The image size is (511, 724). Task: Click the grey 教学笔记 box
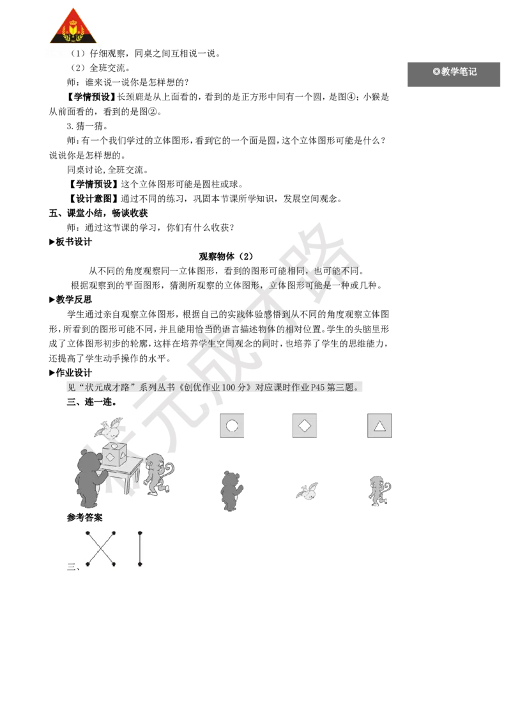[454, 74]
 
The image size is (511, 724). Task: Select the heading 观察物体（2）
[226, 256]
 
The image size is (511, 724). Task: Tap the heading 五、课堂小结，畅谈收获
[98, 213]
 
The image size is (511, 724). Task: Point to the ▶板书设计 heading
[70, 242]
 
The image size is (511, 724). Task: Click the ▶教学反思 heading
[70, 300]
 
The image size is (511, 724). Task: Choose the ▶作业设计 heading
[70, 373]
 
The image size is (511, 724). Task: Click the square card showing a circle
[232, 425]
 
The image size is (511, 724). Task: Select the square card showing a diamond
[305, 425]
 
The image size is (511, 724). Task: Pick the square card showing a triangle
[379, 425]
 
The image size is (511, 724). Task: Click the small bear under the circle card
[231, 491]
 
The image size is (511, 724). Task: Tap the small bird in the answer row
[307, 491]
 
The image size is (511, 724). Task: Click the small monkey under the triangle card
[379, 491]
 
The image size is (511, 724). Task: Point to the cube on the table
[114, 454]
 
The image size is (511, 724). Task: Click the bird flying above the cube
[109, 428]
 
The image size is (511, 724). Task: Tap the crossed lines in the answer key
[100, 549]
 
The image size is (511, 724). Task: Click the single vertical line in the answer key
[140, 549]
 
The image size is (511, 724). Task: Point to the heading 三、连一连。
[92, 402]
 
